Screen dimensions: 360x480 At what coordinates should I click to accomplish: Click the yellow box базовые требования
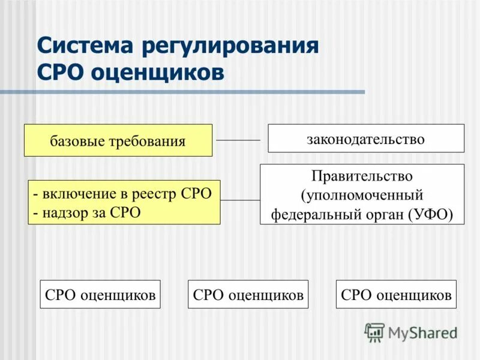tap(118, 140)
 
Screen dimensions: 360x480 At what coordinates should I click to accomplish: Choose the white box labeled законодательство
tap(365, 139)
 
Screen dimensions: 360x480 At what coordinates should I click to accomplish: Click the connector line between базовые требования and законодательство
tap(238, 140)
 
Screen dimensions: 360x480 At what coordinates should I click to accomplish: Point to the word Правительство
tap(362, 176)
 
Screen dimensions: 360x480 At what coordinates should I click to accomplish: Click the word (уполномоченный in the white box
tap(362, 195)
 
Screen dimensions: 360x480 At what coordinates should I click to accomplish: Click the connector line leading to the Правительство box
tap(240, 200)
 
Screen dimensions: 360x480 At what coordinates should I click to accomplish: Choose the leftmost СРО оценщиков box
tap(100, 294)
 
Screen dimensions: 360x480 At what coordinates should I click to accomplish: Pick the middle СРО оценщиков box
tap(248, 294)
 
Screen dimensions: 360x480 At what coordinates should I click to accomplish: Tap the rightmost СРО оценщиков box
tap(396, 294)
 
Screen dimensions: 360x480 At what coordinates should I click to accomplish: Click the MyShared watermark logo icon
tap(374, 332)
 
